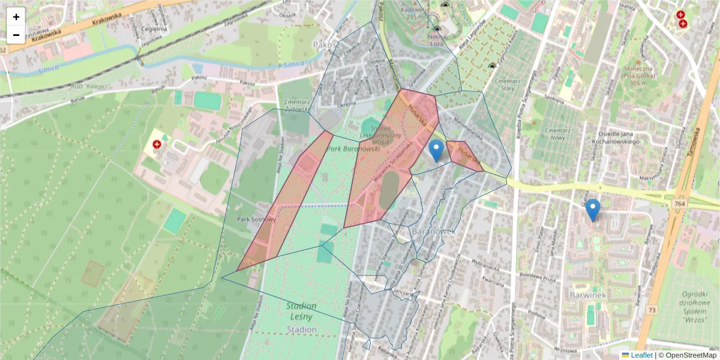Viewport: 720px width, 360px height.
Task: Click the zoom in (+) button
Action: point(16,17)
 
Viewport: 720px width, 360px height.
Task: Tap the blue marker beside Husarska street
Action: point(437,151)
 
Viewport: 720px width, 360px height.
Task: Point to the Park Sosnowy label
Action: point(256,220)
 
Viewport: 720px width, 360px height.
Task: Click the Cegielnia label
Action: point(155,28)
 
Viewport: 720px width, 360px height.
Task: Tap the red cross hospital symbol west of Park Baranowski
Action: point(157,145)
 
